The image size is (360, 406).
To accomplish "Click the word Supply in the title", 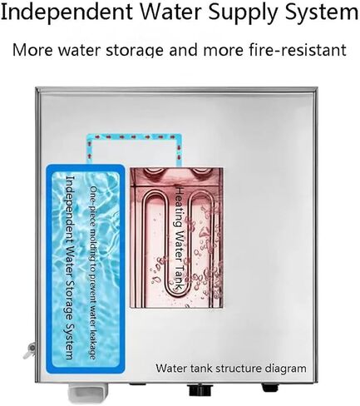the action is tap(243, 13).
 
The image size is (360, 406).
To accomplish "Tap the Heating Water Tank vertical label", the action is tap(180, 239).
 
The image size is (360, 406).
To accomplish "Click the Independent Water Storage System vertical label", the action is tap(69, 267).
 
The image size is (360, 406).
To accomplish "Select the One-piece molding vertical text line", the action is tap(93, 273).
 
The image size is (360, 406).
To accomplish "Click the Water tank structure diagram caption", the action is tap(231, 369).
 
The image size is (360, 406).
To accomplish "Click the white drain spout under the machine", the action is tap(86, 393).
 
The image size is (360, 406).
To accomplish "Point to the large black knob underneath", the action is tap(199, 390).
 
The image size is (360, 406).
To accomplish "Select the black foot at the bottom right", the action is tap(269, 388).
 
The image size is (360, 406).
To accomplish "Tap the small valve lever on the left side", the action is tap(30, 350).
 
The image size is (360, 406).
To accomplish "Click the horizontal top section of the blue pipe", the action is tap(134, 137).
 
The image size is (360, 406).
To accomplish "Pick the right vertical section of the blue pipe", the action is tap(179, 152).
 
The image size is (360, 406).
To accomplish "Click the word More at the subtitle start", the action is tap(32, 50).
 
